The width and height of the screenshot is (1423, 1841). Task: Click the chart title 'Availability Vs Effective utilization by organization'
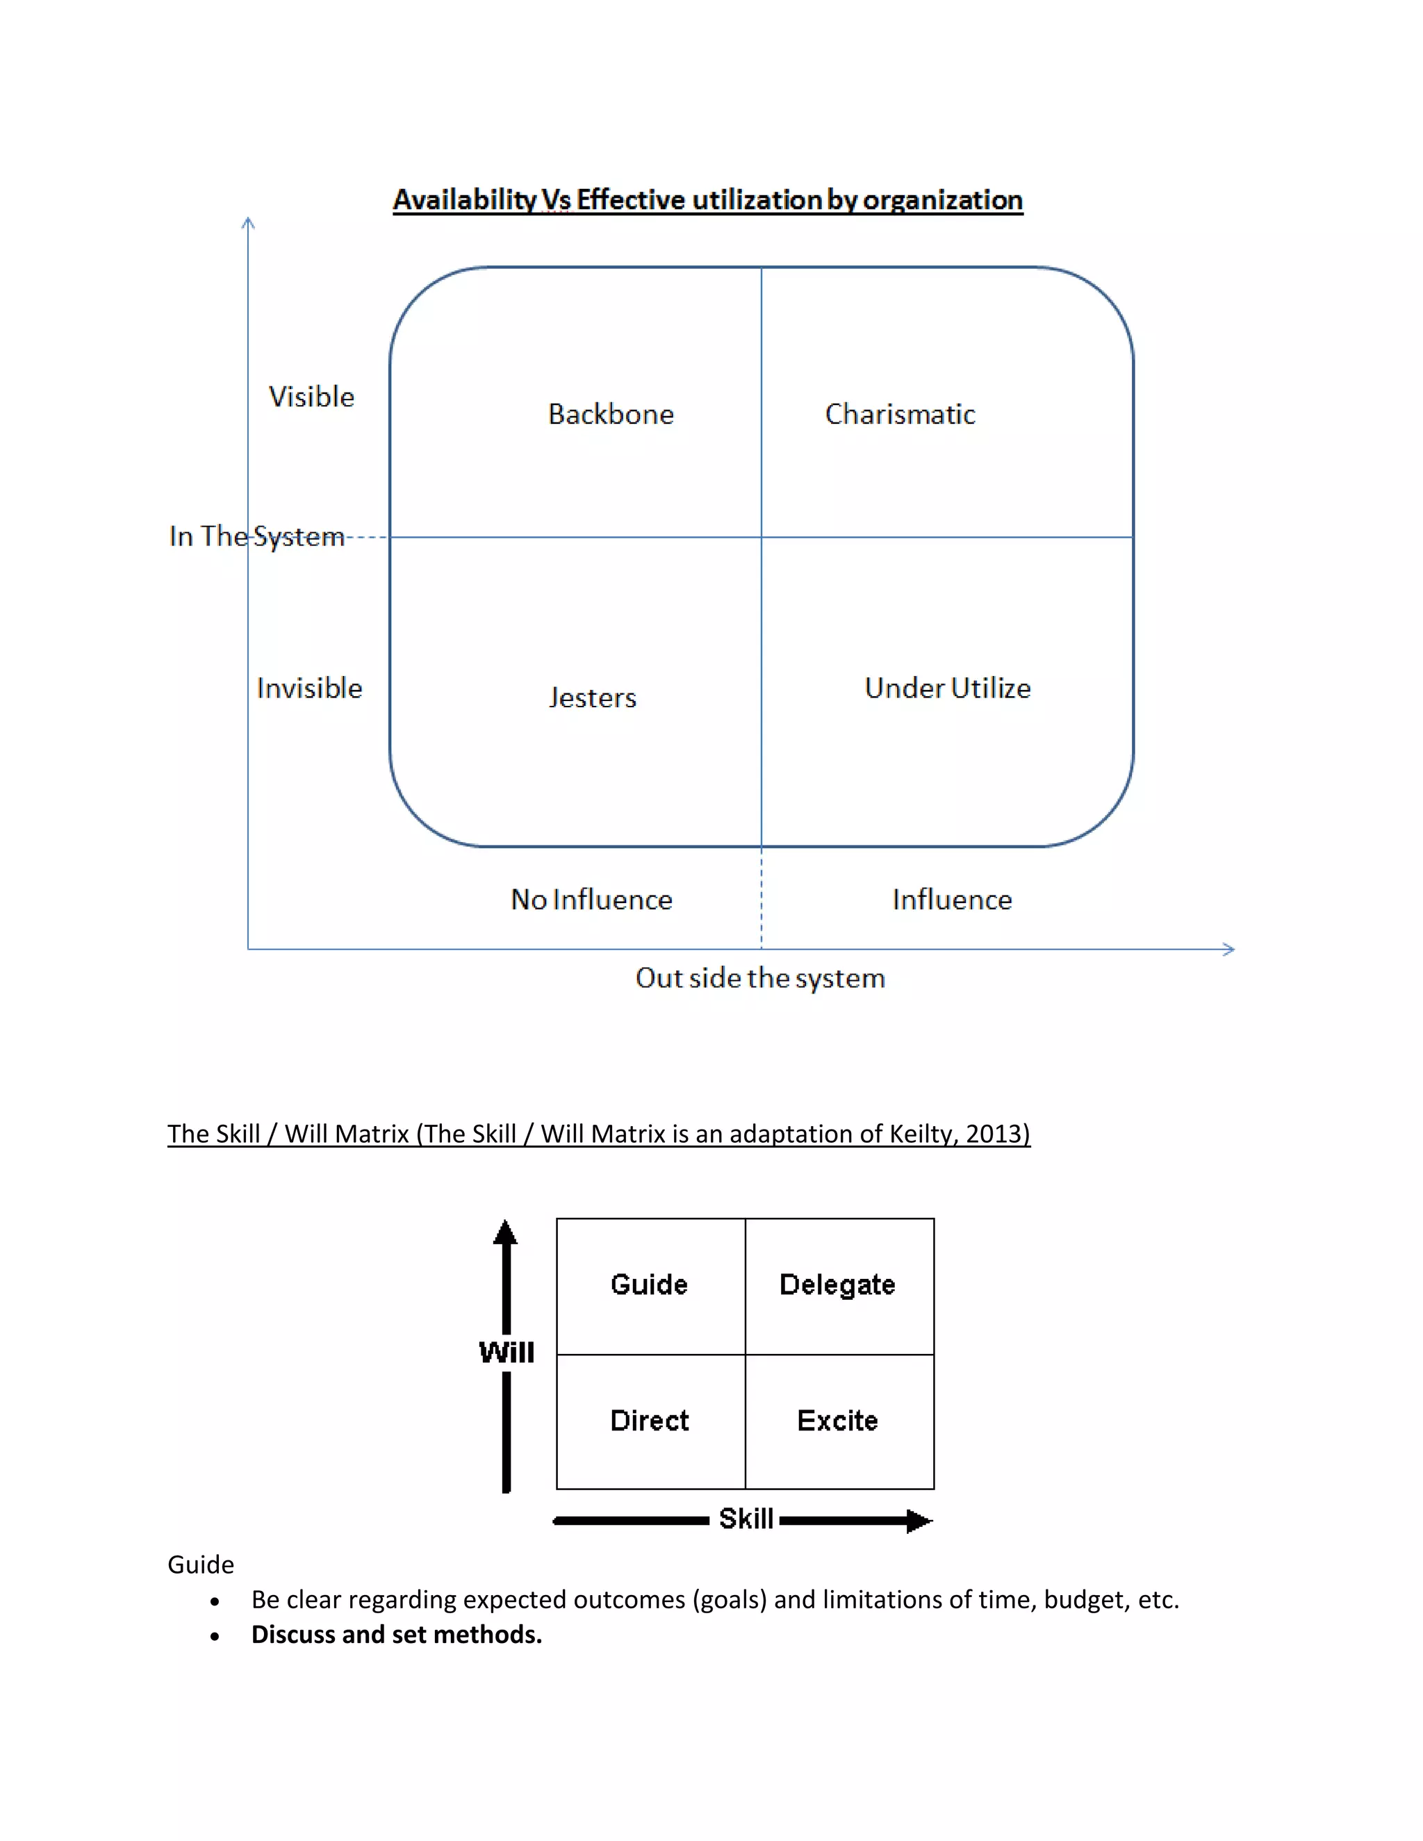click(707, 200)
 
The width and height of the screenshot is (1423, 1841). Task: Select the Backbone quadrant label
click(611, 414)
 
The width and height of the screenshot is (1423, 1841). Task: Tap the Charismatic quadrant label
click(900, 414)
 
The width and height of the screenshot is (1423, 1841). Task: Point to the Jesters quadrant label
click(593, 697)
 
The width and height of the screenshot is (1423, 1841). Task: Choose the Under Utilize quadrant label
click(948, 688)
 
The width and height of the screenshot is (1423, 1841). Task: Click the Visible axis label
click(311, 396)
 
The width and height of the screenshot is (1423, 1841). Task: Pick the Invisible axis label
click(309, 688)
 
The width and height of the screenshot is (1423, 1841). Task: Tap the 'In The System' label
click(256, 536)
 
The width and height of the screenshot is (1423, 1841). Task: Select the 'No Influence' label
click(591, 900)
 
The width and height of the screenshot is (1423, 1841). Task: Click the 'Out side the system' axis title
click(759, 978)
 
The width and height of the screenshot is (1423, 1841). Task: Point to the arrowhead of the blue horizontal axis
click(1230, 949)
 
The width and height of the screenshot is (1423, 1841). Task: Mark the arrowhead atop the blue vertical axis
click(248, 222)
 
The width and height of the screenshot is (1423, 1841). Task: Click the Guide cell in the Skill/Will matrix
click(649, 1285)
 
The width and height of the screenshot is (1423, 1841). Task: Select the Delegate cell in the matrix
click(837, 1285)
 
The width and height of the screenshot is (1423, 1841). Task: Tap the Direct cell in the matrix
click(649, 1421)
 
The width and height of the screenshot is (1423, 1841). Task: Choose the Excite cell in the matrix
click(837, 1421)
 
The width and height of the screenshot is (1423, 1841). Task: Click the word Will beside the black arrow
click(507, 1352)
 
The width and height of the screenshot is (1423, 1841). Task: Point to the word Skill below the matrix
click(746, 1519)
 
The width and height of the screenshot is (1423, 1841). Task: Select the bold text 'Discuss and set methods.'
click(396, 1635)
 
